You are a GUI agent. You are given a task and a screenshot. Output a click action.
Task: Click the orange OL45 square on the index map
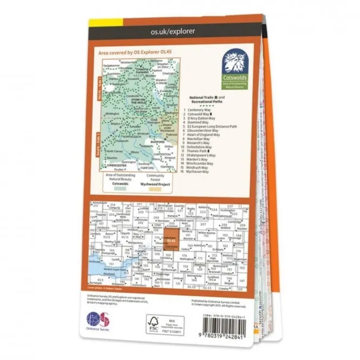click(x=169, y=238)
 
